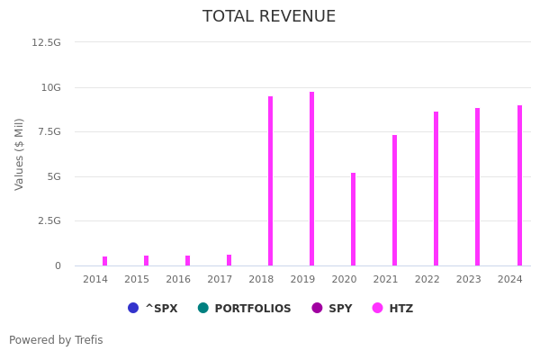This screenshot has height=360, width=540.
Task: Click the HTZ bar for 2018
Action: [x=270, y=181]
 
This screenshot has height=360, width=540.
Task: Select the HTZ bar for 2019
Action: [x=311, y=178]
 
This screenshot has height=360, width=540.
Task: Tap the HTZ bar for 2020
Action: [x=353, y=219]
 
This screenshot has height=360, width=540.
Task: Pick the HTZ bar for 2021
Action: [x=394, y=200]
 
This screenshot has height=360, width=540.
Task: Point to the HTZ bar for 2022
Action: [x=436, y=188]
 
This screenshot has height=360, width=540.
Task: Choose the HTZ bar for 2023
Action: [x=477, y=186]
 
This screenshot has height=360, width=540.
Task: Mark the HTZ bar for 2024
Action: [x=519, y=185]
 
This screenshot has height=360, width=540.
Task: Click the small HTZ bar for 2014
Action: [x=104, y=261]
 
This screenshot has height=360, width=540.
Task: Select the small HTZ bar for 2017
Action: [x=229, y=260]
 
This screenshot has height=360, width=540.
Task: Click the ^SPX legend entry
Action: [x=153, y=309]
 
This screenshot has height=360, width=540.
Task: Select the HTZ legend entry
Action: [x=392, y=309]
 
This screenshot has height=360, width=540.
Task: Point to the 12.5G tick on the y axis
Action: [x=47, y=42]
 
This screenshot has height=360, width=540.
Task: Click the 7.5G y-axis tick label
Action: [x=49, y=132]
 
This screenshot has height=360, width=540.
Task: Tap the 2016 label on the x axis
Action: [x=178, y=279]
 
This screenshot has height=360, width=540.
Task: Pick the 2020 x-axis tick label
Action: [x=344, y=279]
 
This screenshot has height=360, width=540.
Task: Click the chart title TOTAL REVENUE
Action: [x=269, y=17]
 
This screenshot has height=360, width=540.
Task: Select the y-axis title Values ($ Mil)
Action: [x=20, y=154]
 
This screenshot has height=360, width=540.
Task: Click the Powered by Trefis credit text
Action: [x=56, y=340]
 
